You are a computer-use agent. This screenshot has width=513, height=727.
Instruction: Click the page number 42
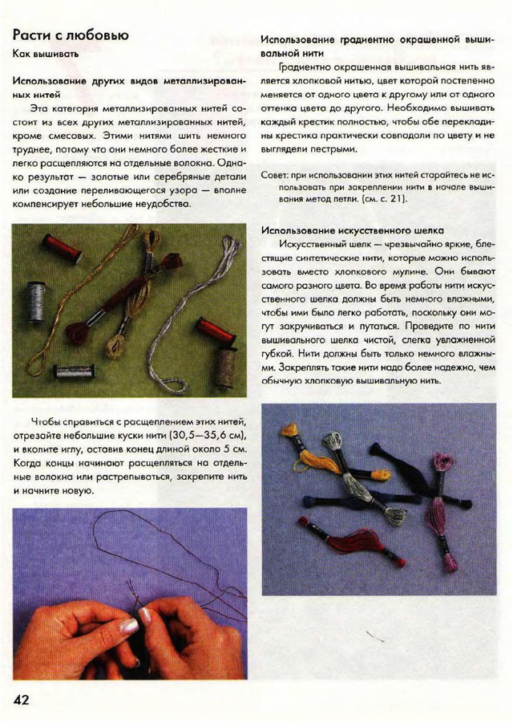tap(21, 699)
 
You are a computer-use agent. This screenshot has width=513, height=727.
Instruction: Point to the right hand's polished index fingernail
tap(147, 616)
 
